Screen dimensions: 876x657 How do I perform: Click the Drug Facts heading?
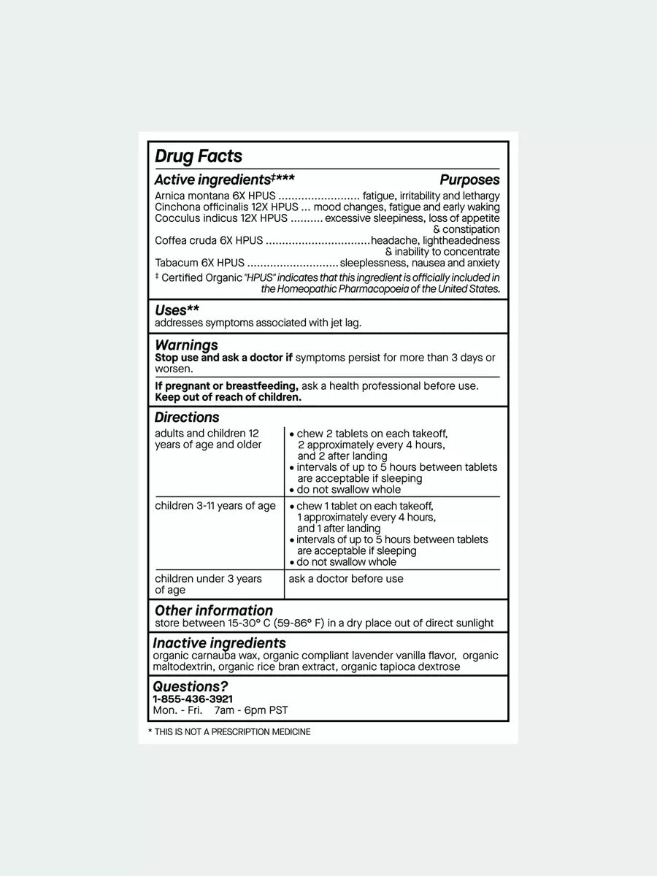pos(199,156)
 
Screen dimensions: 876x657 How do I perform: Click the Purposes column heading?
pos(469,180)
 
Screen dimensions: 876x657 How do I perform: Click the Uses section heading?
pos(177,310)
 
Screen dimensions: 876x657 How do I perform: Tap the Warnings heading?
pos(186,345)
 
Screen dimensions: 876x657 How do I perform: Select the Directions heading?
pos(187,418)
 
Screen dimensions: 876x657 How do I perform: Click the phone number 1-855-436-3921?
pos(193,699)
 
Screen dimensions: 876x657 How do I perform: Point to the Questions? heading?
pos(190,686)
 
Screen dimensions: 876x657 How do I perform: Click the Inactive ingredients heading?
pos(219,643)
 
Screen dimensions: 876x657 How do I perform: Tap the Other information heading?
pos(214,610)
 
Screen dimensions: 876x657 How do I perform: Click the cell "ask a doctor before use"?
pos(346,579)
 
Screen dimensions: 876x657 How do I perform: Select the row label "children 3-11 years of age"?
pos(215,506)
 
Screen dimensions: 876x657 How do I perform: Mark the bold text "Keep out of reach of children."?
pos(228,397)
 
